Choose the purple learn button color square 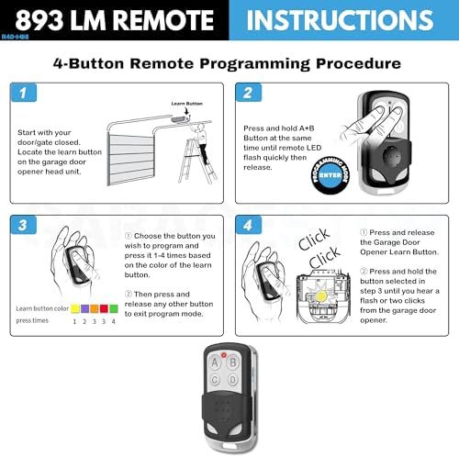[x=81, y=309]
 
